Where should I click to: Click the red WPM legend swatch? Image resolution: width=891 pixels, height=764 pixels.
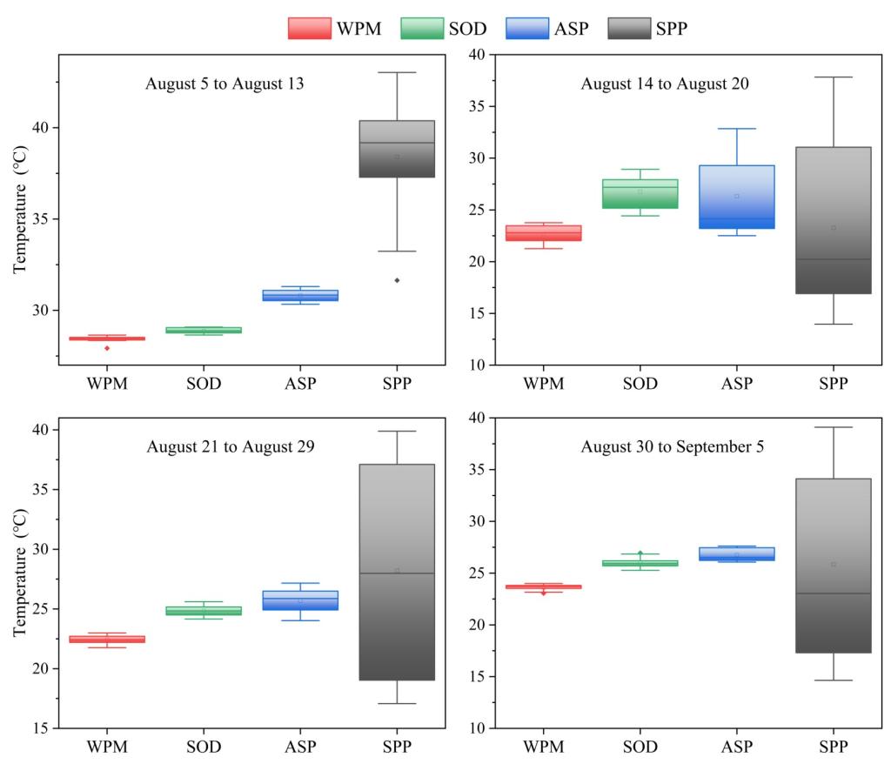(x=309, y=29)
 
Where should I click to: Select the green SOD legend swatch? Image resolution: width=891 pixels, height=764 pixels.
(x=422, y=29)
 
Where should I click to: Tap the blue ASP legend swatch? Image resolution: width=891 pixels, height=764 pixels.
(x=527, y=29)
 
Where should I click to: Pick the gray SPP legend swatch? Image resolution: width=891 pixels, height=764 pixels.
(x=626, y=29)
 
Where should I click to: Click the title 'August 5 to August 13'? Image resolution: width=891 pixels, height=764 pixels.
(x=224, y=84)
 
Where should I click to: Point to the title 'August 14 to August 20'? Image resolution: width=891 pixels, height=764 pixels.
(x=665, y=84)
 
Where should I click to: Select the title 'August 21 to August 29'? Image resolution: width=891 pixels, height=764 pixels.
(x=231, y=447)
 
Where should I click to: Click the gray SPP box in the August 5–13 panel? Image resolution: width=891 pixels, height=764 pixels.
(x=397, y=149)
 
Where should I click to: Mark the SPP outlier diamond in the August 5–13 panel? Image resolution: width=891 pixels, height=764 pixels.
(x=397, y=280)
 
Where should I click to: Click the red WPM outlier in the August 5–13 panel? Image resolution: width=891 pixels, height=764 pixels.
(x=107, y=348)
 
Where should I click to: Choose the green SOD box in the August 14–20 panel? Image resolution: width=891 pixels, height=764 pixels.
(x=640, y=194)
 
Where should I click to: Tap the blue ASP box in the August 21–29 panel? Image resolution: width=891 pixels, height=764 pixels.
(x=300, y=600)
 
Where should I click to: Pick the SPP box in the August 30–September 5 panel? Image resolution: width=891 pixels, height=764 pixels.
(x=833, y=566)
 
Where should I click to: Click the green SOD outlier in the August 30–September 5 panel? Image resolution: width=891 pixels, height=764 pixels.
(x=640, y=553)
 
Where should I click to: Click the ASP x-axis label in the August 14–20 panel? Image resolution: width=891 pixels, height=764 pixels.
(x=736, y=383)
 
